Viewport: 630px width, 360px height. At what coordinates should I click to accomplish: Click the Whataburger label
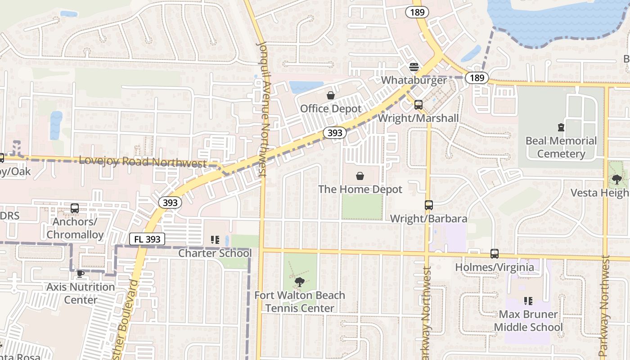pos(414,80)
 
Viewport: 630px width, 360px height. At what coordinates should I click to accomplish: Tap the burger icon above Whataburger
pos(414,67)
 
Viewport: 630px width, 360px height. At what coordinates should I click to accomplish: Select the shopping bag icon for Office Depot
pos(331,95)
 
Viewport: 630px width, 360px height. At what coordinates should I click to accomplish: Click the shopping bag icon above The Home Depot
pos(360,175)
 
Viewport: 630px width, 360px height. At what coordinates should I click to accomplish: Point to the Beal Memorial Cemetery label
pos(561,147)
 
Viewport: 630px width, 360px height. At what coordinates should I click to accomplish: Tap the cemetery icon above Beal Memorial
pos(561,127)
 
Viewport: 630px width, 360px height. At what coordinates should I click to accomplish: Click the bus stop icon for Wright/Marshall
pos(418,105)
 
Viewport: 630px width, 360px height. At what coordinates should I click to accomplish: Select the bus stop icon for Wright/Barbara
pos(428,205)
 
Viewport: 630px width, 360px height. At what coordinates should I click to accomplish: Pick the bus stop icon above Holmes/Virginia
pos(495,254)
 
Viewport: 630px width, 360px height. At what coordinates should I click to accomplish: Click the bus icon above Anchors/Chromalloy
pos(75,208)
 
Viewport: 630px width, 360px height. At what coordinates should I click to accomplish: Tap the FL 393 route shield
pos(147,239)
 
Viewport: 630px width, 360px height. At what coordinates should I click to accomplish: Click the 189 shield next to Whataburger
pos(477,78)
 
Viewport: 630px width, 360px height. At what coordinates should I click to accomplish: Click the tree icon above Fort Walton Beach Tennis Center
pos(299,282)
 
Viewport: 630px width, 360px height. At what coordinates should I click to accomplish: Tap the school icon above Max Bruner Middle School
pos(528,301)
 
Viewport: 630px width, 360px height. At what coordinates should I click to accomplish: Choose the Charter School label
pos(215,253)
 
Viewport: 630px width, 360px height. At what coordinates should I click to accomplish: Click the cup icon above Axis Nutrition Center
pos(81,274)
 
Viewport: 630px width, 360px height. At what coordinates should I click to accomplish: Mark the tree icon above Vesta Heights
pos(616,180)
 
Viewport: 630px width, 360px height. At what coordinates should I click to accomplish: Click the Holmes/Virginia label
pos(495,267)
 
